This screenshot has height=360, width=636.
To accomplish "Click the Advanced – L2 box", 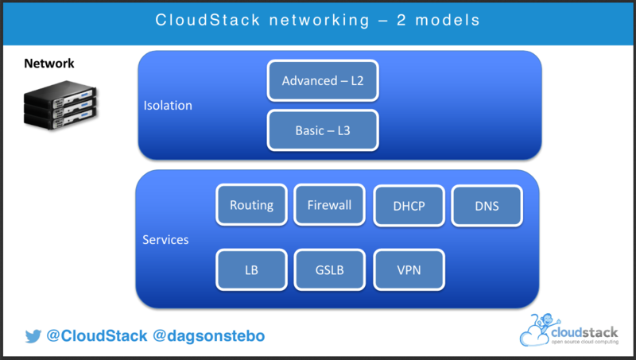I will point(323,81).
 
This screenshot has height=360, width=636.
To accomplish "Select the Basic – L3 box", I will point(323,130).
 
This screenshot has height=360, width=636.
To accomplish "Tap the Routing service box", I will point(251,205).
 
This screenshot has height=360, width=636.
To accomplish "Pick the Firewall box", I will point(329,205).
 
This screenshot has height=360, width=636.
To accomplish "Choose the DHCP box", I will point(409,207).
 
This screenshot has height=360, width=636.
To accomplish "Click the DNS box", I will point(487,207).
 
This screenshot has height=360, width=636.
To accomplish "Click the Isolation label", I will point(168,106).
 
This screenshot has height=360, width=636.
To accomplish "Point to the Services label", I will point(165,239).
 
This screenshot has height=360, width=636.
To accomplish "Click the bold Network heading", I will point(49,64).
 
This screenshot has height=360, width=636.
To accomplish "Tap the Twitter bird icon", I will point(33,336).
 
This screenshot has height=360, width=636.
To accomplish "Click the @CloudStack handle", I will point(96,336).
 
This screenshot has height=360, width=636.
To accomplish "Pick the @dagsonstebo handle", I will point(209,336).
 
